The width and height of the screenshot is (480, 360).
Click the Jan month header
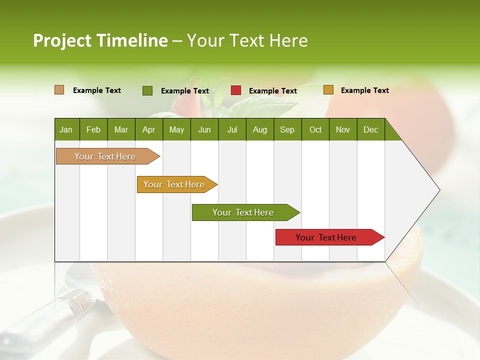point(66,129)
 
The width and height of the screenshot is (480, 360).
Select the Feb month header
point(93,129)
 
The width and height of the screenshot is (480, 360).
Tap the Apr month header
point(148,129)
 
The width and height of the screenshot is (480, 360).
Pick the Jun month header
point(204,129)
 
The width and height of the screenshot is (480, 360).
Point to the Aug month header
point(259,129)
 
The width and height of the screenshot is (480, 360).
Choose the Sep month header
point(287,129)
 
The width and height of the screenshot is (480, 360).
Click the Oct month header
point(315,129)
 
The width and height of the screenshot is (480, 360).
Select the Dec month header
point(370,129)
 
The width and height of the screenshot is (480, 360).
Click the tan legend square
point(59,90)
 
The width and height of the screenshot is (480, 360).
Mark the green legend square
point(147,90)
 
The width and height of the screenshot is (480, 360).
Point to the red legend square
point(236,90)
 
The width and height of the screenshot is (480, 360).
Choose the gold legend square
point(328,90)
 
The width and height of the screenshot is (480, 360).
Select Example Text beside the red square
point(272,91)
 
